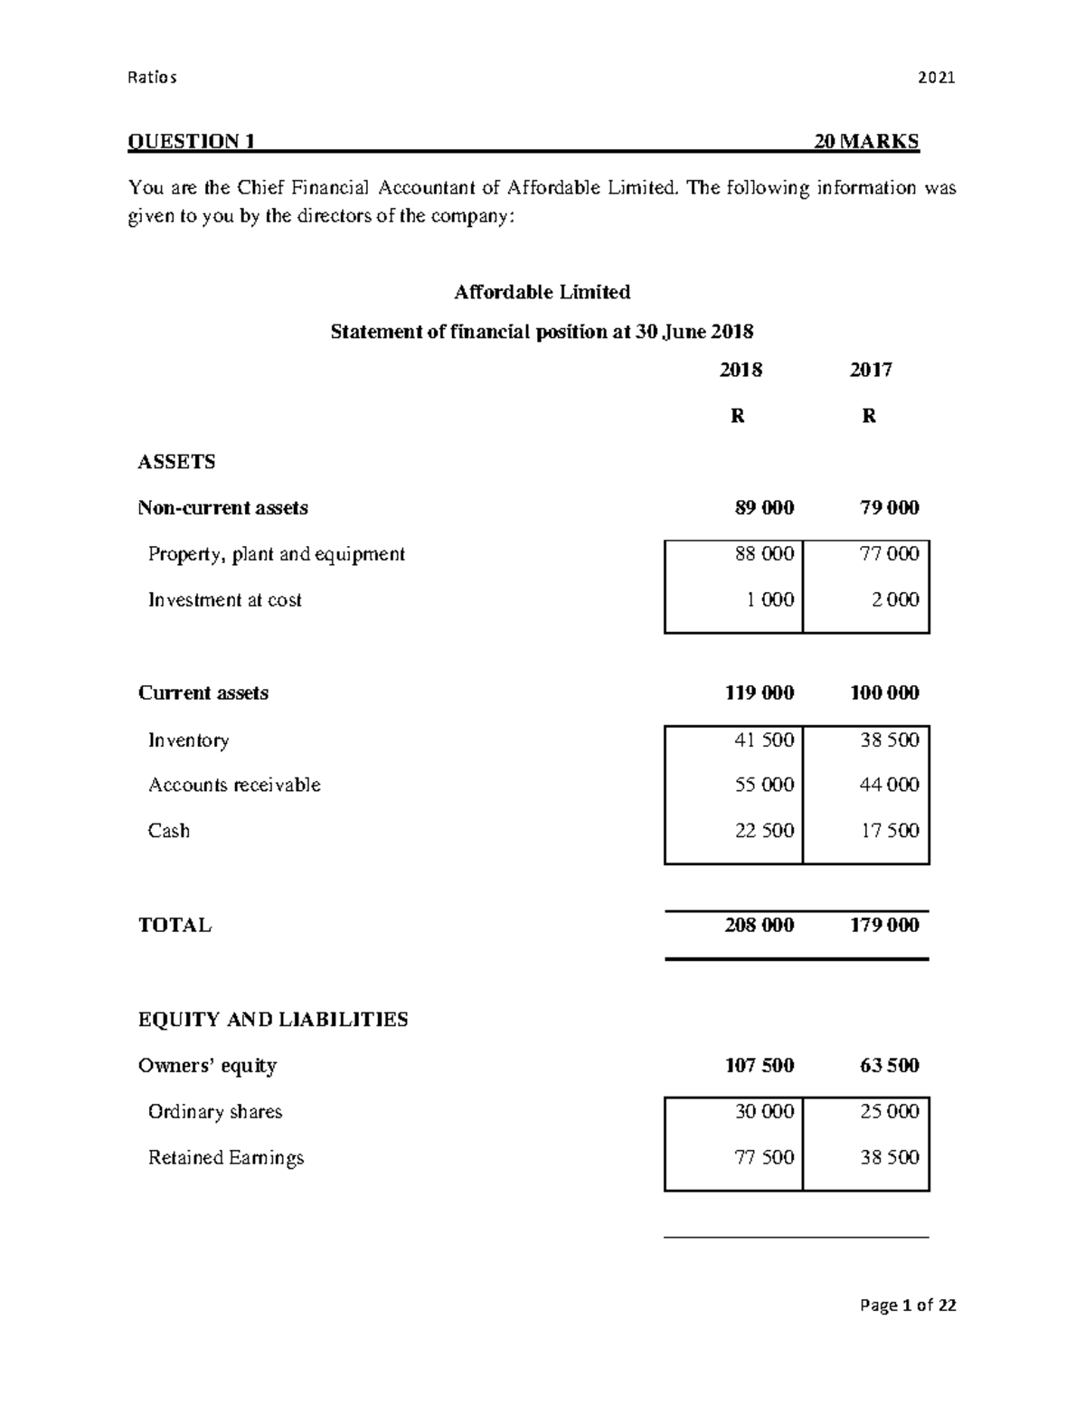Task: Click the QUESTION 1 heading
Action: point(192,141)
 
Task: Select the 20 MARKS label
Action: point(866,141)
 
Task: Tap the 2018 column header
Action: point(741,370)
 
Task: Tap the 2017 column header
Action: point(870,370)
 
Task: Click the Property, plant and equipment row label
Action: point(276,554)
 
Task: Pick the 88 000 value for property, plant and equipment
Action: point(764,554)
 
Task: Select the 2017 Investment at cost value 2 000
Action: point(894,599)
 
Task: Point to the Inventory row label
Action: point(188,740)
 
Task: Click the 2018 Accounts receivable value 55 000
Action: point(764,785)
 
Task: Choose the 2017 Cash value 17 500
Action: point(890,831)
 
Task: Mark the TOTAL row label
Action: point(175,925)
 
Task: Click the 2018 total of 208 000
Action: point(759,925)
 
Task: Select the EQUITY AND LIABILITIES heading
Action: point(273,1020)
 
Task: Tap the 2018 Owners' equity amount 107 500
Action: point(759,1066)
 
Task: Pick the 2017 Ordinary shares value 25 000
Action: point(890,1112)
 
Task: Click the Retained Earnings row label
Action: point(226,1158)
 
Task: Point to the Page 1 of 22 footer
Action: point(908,1305)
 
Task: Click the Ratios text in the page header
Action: point(153,78)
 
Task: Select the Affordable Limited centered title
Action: point(542,292)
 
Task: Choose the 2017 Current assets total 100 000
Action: point(884,693)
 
